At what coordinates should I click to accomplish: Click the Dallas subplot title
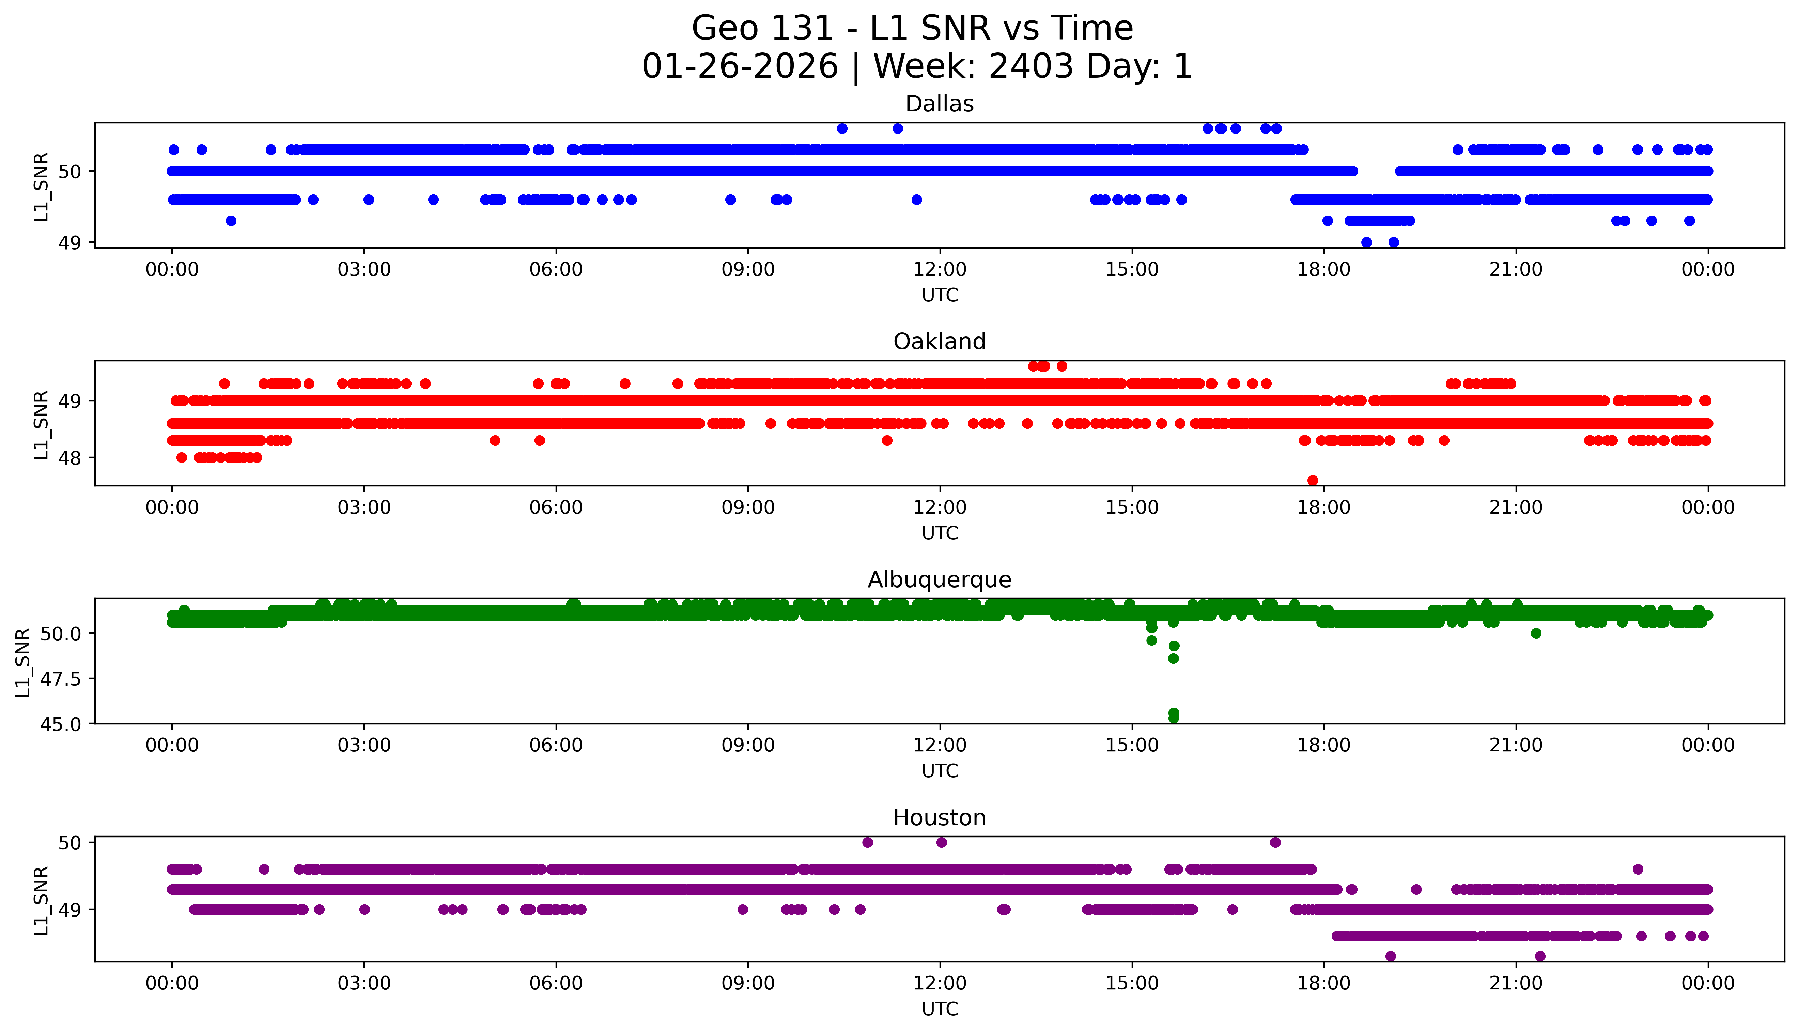[940, 104]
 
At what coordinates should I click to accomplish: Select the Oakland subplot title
[940, 342]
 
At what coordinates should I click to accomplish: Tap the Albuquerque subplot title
[940, 580]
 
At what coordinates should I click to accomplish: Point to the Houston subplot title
[940, 818]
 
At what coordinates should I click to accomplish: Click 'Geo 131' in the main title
[761, 28]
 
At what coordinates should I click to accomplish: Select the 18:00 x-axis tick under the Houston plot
[1324, 983]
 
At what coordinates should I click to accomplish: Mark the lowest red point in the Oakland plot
[1313, 480]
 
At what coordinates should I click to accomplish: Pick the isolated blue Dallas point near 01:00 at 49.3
[231, 221]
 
